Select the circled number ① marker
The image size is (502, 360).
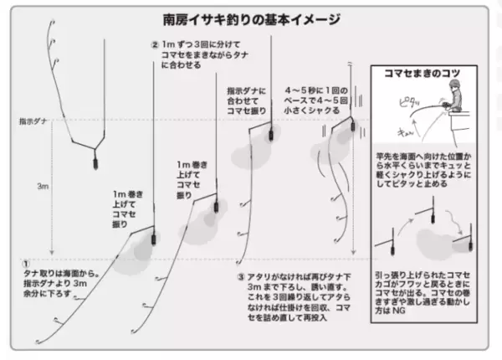point(25,262)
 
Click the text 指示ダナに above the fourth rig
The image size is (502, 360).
point(243,90)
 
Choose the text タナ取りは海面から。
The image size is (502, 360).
point(62,274)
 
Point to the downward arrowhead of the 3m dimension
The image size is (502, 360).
point(52,250)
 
